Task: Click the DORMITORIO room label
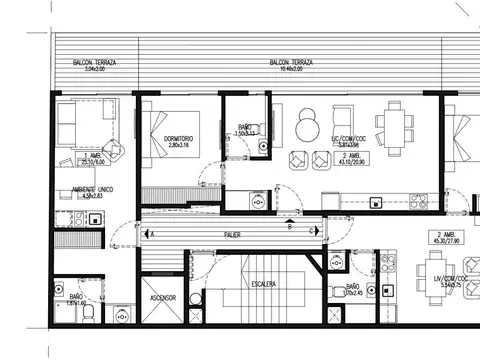(168, 139)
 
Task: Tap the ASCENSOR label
(155, 299)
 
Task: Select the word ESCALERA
(264, 284)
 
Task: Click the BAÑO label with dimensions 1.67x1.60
(77, 299)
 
